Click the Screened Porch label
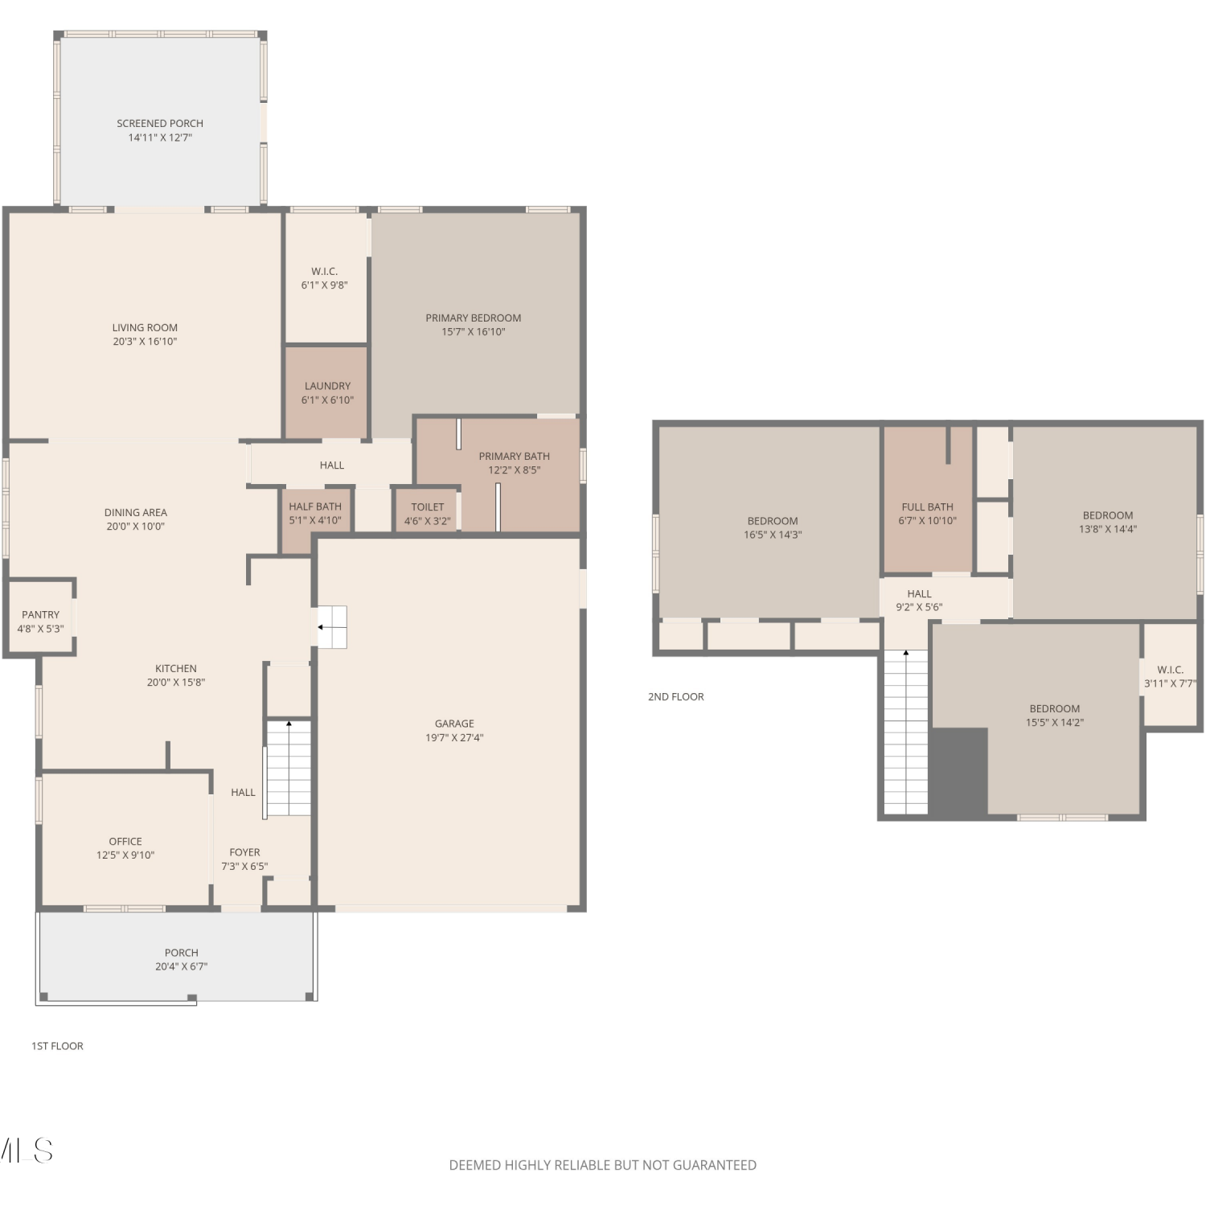tap(160, 123)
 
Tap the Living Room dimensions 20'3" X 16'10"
tap(145, 342)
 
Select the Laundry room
tap(326, 392)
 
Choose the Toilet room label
tap(428, 507)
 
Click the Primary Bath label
tap(515, 456)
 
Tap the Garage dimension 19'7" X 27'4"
tap(454, 738)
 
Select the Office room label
tap(125, 841)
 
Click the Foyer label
tap(244, 852)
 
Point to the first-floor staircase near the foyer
tap(289, 768)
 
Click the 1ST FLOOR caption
tap(57, 1046)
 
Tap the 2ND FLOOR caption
tap(676, 697)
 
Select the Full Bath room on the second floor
tap(928, 499)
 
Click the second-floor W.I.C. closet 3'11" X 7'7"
tap(1171, 675)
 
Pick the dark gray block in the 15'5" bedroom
tap(959, 771)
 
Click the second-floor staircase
tap(906, 732)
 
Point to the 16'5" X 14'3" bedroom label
tap(773, 527)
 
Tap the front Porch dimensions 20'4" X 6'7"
tap(182, 967)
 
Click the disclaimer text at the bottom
tap(603, 1165)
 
